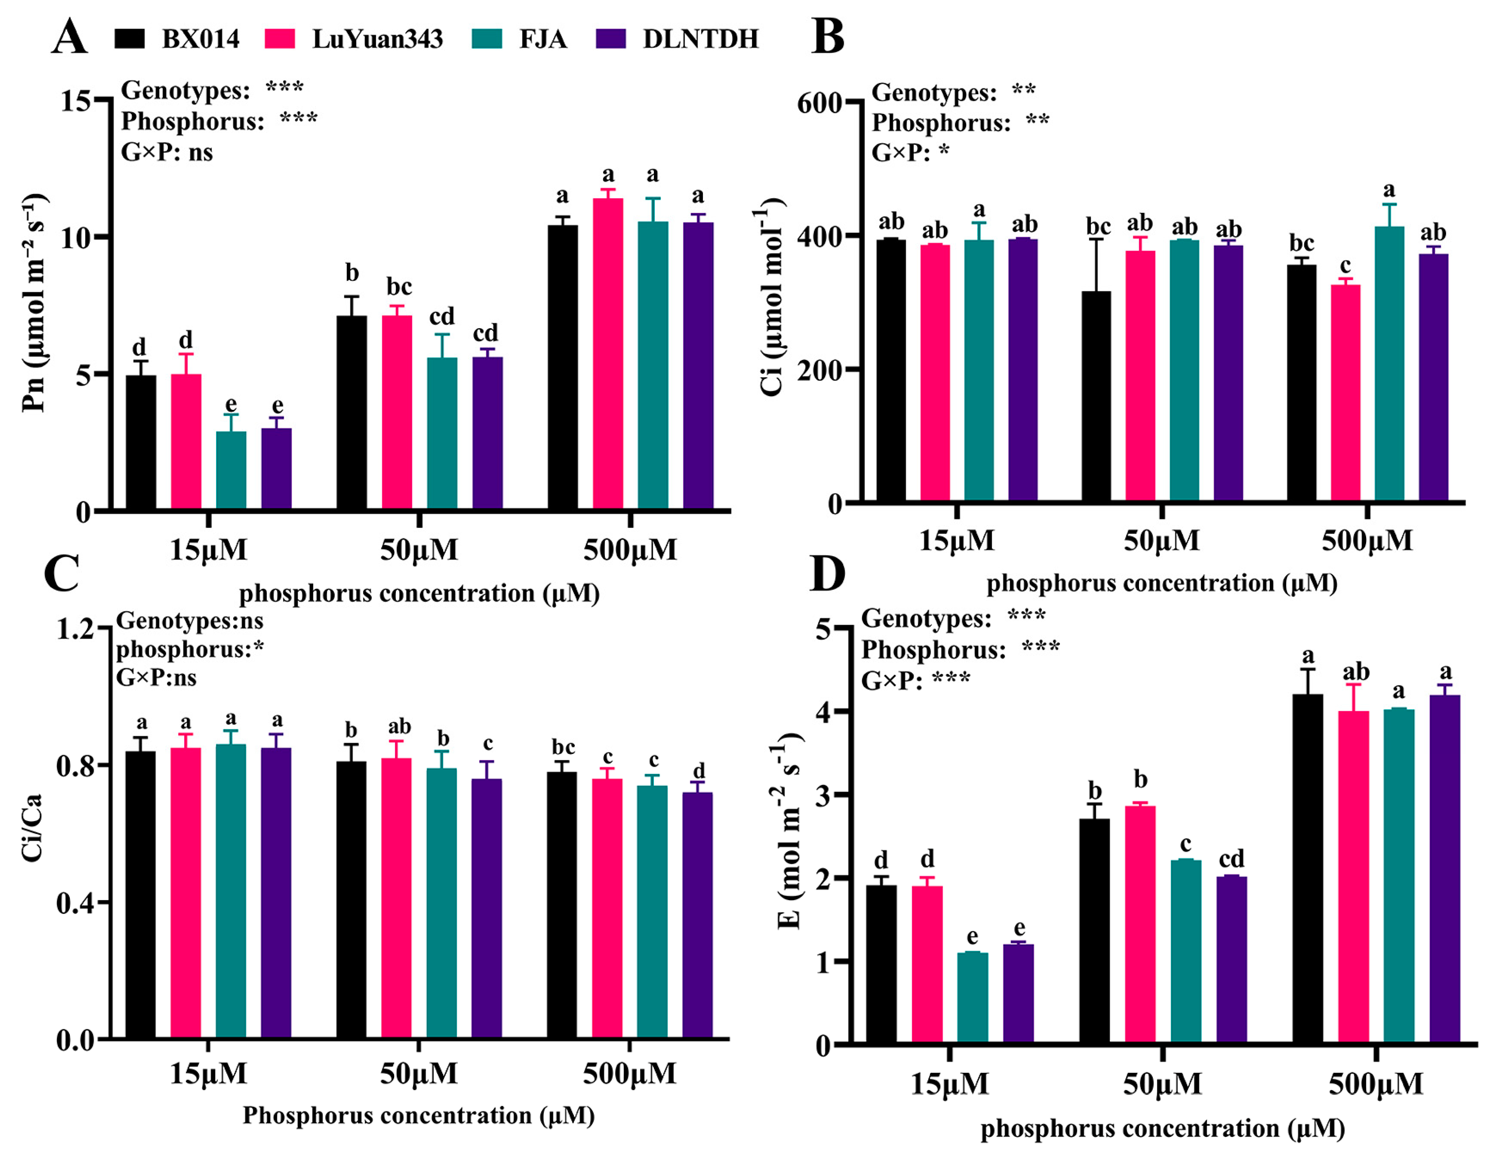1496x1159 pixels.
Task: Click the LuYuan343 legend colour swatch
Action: click(280, 39)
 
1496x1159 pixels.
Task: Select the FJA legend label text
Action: click(543, 39)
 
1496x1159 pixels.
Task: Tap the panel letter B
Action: click(828, 37)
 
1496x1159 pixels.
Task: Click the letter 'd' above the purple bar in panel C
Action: click(699, 770)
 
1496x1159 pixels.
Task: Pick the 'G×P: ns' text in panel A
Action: click(167, 152)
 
